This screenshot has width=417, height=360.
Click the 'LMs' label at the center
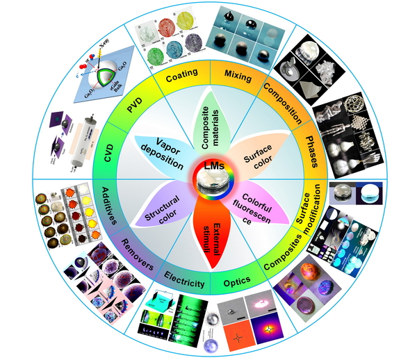tap(208, 167)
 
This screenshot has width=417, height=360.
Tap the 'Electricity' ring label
tap(185, 284)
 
